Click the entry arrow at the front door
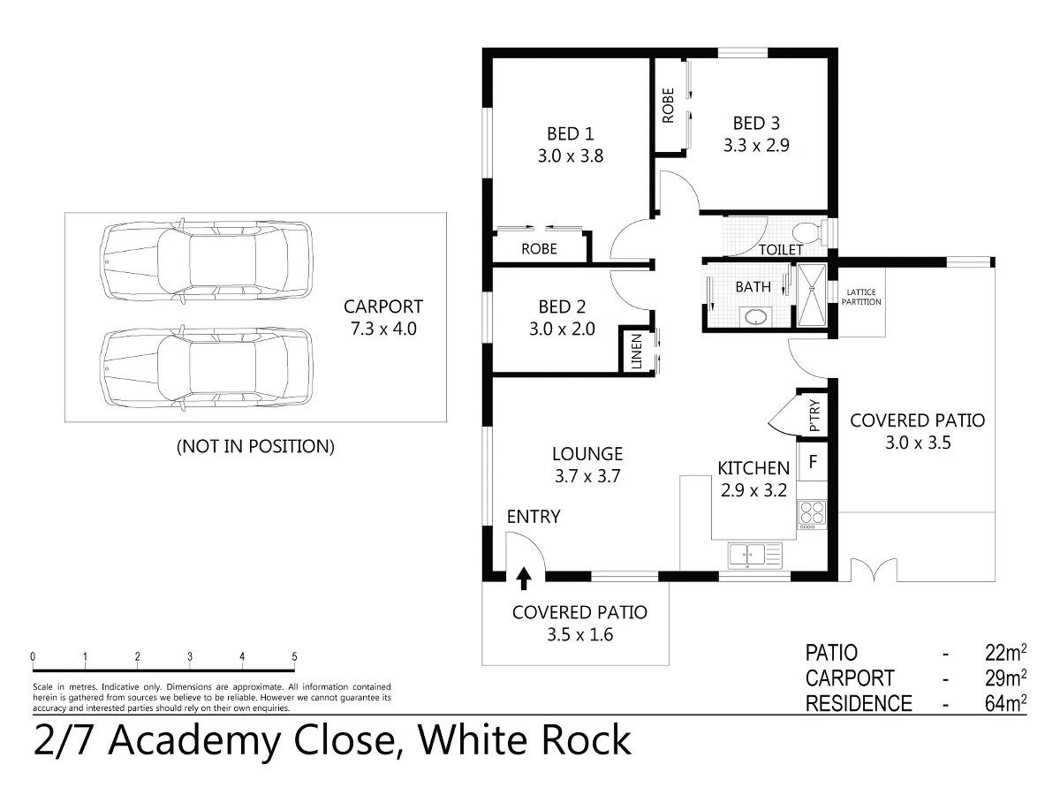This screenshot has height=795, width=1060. [524, 579]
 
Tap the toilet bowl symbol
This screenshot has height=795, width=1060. [806, 233]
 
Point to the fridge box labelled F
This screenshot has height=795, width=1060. [812, 460]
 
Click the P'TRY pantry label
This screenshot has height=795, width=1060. [814, 414]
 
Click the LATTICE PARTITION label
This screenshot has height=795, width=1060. [862, 297]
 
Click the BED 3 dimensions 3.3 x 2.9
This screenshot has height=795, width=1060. [755, 146]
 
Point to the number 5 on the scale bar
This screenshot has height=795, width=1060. [294, 657]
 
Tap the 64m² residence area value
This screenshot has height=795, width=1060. [1005, 704]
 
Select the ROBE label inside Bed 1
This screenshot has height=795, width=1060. [539, 249]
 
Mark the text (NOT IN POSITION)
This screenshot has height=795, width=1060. [255, 446]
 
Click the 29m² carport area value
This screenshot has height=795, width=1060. [1005, 678]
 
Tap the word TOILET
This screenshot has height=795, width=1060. [782, 250]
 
